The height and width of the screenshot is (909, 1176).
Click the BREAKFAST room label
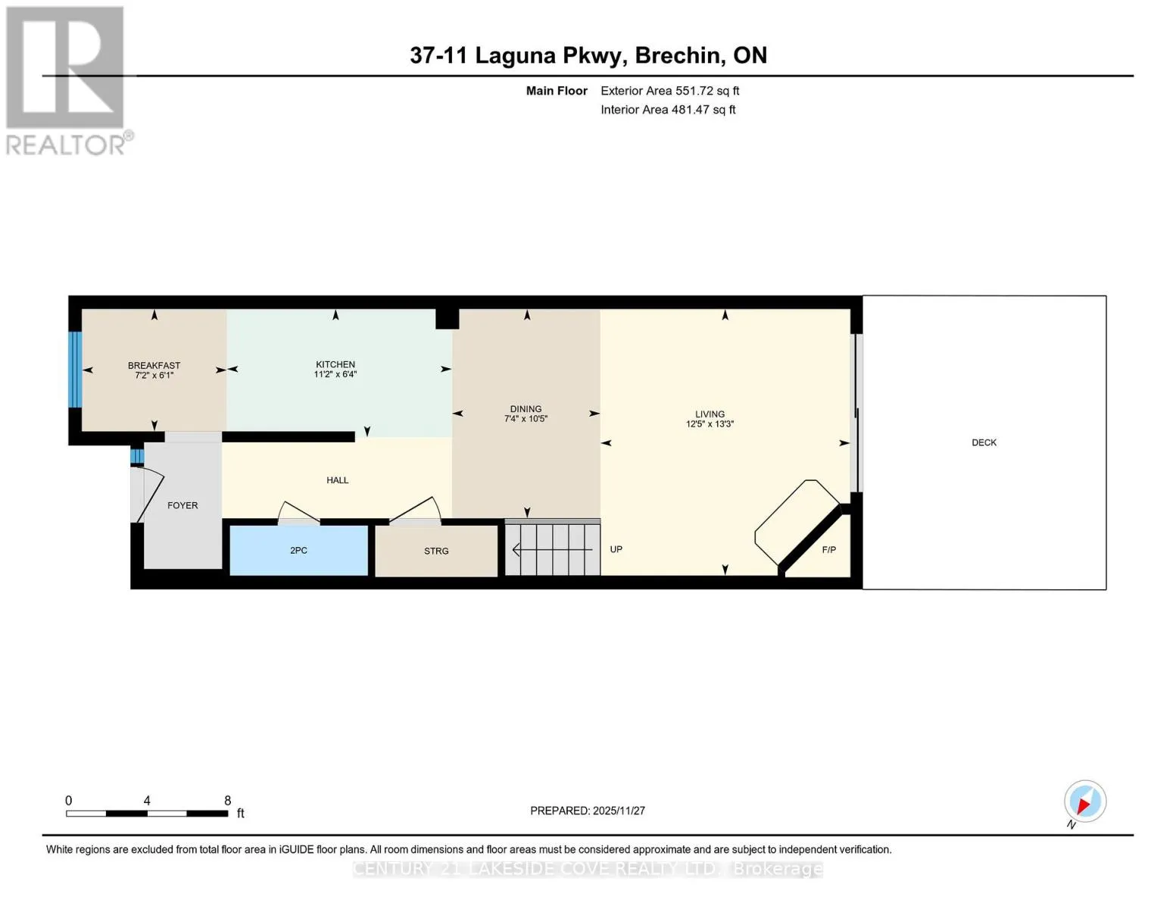(154, 365)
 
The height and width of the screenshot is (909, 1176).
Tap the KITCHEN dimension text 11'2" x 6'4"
(335, 374)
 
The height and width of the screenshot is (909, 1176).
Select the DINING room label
(526, 409)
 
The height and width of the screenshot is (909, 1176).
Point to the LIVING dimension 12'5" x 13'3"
(710, 424)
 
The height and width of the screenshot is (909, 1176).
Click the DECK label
(984, 442)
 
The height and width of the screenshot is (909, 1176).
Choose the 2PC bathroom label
(299, 551)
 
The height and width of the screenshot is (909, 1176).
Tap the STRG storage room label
(436, 551)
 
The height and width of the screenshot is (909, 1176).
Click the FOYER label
(182, 505)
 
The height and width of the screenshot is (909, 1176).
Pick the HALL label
(337, 480)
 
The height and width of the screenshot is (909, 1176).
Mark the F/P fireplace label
(828, 550)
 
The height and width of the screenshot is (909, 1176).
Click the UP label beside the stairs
(616, 549)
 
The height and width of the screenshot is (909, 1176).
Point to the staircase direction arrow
(552, 550)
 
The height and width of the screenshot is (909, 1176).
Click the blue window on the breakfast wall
(75, 369)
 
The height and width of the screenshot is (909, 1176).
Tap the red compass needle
(1084, 805)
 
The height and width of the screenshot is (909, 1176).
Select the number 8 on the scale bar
(227, 801)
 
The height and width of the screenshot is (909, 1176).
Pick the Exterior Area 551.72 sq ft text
(669, 91)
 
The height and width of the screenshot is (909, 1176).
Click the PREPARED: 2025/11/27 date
(587, 811)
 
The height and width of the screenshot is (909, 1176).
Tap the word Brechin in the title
(677, 55)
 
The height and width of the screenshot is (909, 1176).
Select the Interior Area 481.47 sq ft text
(668, 110)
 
